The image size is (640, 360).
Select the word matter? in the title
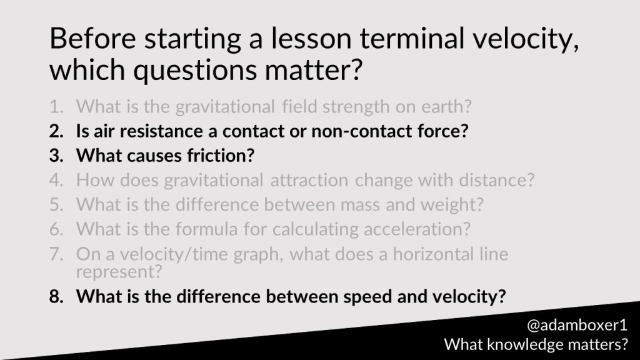point(314,70)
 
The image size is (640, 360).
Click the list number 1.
point(56,107)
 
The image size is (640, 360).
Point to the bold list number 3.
point(56,156)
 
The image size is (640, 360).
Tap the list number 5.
point(56,204)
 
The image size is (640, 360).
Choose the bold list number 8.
point(56,296)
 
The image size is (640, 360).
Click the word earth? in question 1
point(446,107)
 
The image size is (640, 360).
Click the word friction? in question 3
point(221,156)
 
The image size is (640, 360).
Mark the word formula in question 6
point(206,229)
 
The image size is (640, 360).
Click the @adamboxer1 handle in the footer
point(577,325)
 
